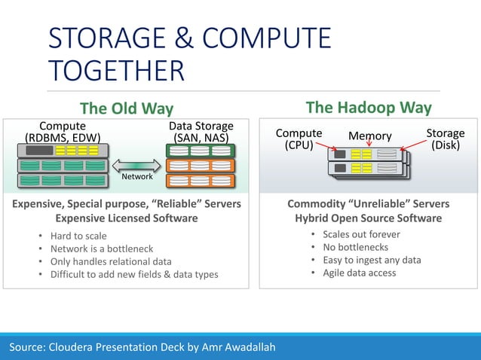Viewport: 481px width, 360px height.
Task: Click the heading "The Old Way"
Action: (x=127, y=108)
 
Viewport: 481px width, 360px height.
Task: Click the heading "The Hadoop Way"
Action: (x=368, y=107)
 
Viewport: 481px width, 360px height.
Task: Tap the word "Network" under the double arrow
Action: (x=137, y=176)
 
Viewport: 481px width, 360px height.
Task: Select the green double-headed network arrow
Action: (x=137, y=163)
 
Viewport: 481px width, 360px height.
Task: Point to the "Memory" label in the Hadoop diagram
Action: (x=369, y=136)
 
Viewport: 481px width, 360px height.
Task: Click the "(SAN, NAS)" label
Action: (x=201, y=138)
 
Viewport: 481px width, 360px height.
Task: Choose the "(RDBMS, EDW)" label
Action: (x=63, y=138)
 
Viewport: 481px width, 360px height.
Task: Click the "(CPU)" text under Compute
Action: (x=299, y=145)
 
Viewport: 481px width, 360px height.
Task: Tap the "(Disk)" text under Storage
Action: (x=446, y=145)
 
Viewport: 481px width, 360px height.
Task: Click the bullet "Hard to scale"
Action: (x=78, y=236)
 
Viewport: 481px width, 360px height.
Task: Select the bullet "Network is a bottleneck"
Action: (x=102, y=249)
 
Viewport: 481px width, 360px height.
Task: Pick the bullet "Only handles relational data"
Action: (x=111, y=262)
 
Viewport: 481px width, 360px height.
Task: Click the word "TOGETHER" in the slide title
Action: (x=116, y=71)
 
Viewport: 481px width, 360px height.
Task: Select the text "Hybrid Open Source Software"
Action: (x=368, y=218)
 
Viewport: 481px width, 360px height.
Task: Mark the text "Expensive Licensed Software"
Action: (x=127, y=218)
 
